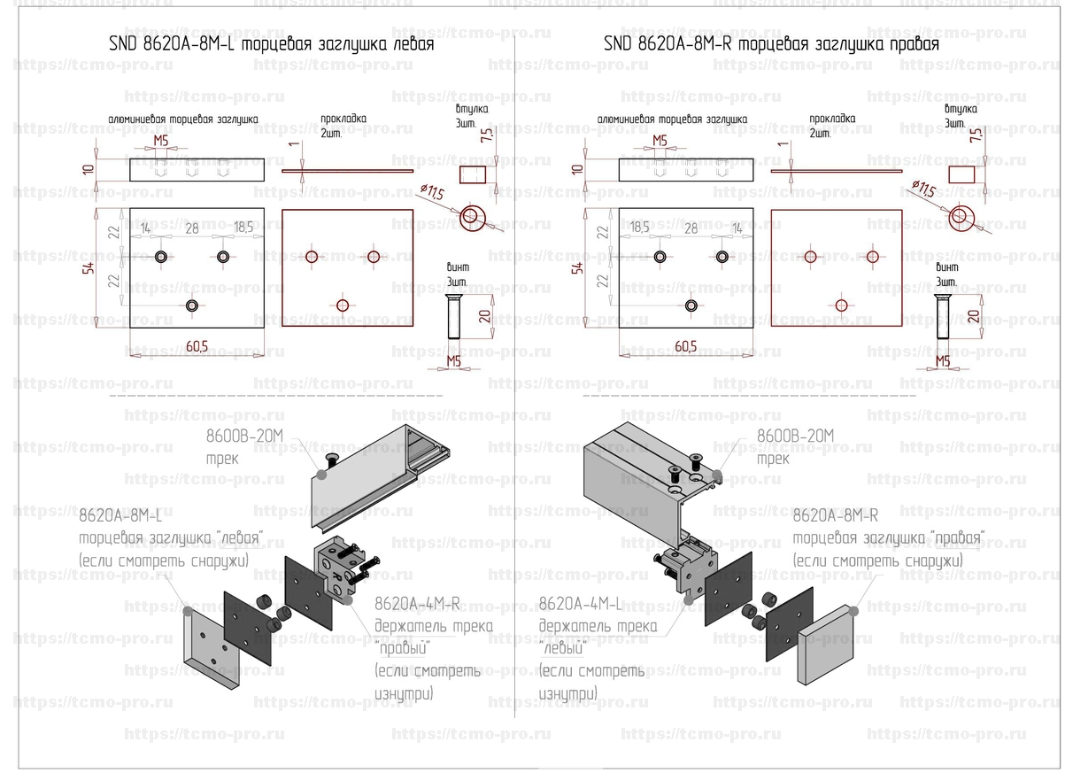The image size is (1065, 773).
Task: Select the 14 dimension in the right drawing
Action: tap(737, 228)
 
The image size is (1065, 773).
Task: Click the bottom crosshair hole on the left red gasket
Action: tap(343, 305)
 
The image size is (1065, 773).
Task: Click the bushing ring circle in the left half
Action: tap(473, 215)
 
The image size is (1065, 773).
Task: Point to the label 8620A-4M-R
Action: tap(417, 605)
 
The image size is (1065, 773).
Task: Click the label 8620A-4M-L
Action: tap(581, 605)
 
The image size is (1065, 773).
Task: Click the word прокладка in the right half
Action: tap(832, 119)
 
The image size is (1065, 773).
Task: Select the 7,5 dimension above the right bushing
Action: tap(975, 135)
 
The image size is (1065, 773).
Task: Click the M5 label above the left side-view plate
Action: tap(161, 141)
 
